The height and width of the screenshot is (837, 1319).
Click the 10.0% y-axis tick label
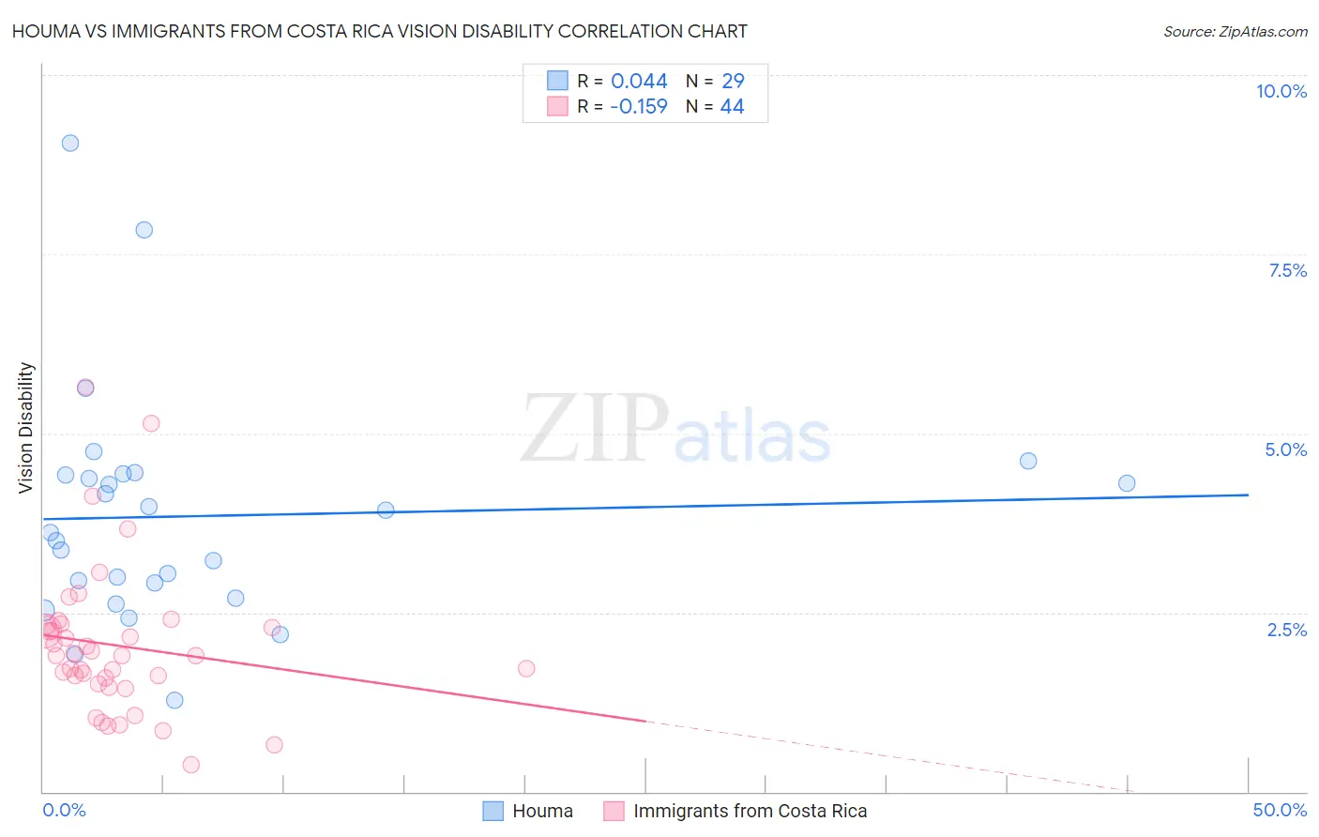[1281, 91]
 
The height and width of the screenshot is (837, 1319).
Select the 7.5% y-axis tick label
[1287, 270]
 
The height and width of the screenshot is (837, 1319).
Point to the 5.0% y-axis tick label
[1285, 449]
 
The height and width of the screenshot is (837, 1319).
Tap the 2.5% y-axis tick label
[1286, 630]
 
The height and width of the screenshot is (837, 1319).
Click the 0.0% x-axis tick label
[64, 810]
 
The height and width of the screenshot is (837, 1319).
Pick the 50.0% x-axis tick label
[1279, 810]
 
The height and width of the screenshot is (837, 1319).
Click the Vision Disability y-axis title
[26, 428]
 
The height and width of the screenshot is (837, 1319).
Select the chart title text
[380, 31]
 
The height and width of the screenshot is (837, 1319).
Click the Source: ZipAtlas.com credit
[1235, 31]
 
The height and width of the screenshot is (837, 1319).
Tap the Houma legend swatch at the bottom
[493, 811]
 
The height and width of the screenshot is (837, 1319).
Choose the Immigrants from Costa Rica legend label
[750, 811]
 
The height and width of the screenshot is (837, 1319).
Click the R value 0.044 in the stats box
[639, 81]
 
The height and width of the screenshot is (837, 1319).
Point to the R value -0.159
[638, 106]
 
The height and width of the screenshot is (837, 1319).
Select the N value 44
[732, 106]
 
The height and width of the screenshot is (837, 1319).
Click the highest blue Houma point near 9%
[70, 144]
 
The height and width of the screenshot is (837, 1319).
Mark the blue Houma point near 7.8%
[144, 230]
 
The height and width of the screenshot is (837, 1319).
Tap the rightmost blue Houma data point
[1127, 483]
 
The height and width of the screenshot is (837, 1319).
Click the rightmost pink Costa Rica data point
[526, 669]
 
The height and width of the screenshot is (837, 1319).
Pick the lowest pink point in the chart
[191, 765]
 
